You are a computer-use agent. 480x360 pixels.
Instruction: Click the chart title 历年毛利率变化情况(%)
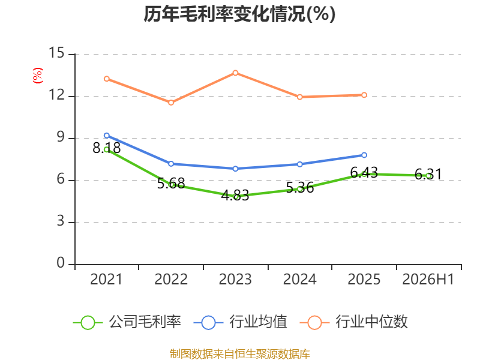pyautogui.click(x=239, y=14)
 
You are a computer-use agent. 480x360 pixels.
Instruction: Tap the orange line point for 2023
pyautogui.click(x=235, y=73)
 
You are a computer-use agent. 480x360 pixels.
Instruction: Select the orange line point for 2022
pyautogui.click(x=171, y=103)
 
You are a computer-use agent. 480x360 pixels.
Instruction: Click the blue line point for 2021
pyautogui.click(x=107, y=136)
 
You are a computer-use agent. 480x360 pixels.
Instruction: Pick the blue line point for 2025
pyautogui.click(x=364, y=155)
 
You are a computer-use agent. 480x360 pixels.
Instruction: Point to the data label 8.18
pyautogui.click(x=107, y=148)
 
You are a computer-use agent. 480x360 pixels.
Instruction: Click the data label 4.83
pyautogui.click(x=235, y=196)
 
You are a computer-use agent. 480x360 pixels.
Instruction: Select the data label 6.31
pyautogui.click(x=428, y=175)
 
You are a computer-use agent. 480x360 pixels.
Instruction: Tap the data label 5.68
pyautogui.click(x=171, y=184)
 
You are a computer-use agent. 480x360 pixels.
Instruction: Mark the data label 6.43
pyautogui.click(x=364, y=173)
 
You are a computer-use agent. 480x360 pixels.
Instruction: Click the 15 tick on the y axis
pyautogui.click(x=56, y=53)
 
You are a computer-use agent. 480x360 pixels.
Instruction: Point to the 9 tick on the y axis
pyautogui.click(x=61, y=137)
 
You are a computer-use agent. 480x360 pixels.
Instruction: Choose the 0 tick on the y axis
pyautogui.click(x=61, y=263)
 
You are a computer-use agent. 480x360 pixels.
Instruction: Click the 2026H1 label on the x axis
pyautogui.click(x=428, y=280)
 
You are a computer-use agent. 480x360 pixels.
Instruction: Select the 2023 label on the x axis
pyautogui.click(x=235, y=280)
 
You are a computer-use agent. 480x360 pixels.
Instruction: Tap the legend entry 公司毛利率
pyautogui.click(x=127, y=322)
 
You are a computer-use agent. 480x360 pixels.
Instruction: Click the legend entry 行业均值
pyautogui.click(x=241, y=322)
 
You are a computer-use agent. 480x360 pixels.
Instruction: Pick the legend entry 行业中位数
pyautogui.click(x=354, y=322)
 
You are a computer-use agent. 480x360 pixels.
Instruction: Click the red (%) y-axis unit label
pyautogui.click(x=38, y=76)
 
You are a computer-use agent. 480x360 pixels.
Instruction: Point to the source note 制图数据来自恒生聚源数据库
pyautogui.click(x=240, y=354)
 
